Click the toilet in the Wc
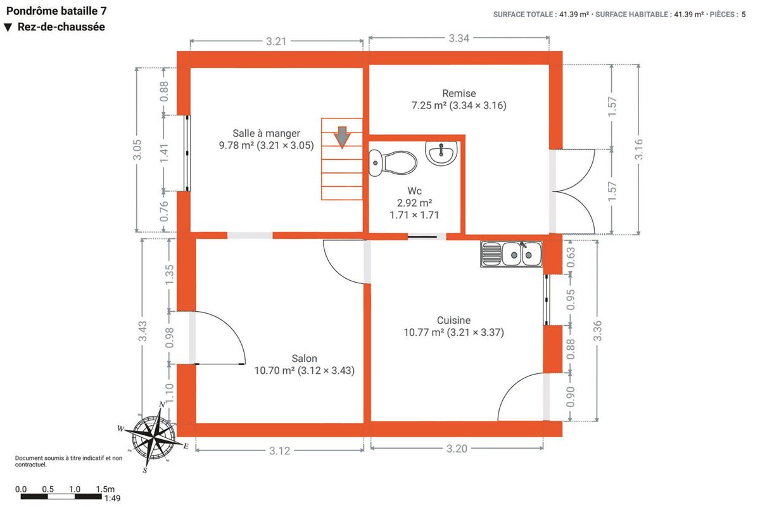393,163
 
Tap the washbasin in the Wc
441,153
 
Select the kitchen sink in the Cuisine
511,254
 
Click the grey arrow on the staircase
342,137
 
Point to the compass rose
154,437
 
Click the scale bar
61,496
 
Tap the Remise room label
459,93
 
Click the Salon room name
305,358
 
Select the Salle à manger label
267,133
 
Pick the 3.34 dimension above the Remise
459,39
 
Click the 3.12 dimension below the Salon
279,451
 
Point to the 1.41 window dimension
164,153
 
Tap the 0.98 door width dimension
169,338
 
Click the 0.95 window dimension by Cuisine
571,300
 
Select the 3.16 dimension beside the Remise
638,150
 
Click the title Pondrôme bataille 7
56,11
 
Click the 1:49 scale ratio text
112,498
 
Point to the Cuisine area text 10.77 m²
424,332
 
